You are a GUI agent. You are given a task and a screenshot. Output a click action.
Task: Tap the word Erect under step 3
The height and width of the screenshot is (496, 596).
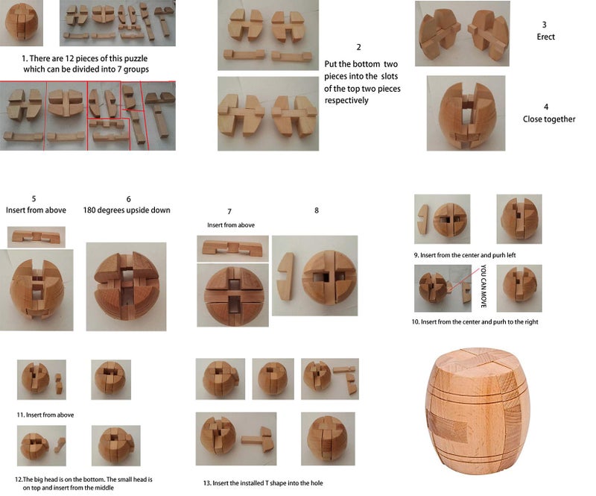[545, 37]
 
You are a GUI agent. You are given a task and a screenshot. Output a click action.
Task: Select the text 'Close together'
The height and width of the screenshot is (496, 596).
[548, 119]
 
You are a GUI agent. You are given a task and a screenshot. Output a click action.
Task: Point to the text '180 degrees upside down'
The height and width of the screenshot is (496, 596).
[127, 210]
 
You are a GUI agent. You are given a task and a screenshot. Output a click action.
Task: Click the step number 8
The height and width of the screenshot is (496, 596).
[317, 210]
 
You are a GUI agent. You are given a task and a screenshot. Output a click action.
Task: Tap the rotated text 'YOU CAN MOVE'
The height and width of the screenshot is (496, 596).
[483, 287]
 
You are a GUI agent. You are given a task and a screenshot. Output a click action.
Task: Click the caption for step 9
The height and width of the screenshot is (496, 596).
[468, 255]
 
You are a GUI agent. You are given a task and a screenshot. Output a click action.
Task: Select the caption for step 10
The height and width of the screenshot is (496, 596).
[475, 321]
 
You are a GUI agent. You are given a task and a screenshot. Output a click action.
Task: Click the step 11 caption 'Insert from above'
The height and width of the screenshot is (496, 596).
[45, 414]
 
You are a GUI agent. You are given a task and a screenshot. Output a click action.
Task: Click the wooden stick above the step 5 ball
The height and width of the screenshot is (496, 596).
[36, 237]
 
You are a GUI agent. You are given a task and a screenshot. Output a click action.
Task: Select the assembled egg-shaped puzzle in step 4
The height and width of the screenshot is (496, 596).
[465, 113]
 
